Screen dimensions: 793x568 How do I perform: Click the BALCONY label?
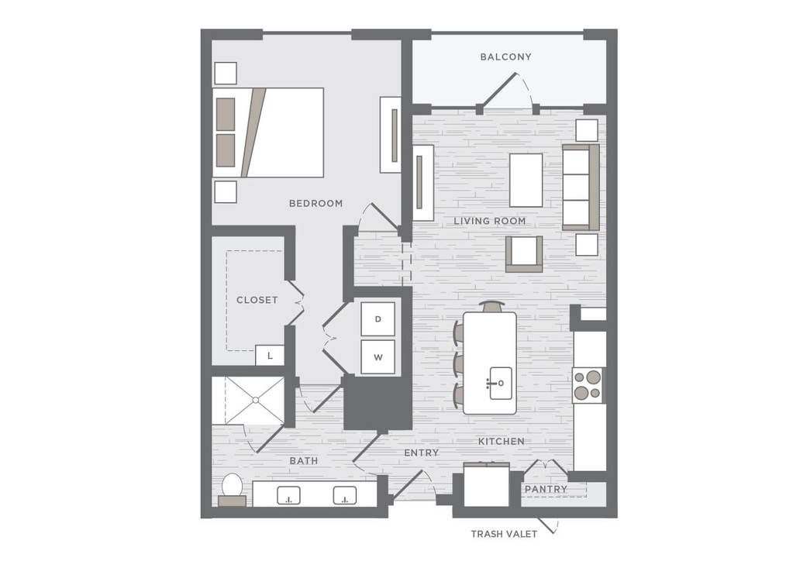[505, 57]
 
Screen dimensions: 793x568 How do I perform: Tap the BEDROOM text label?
[315, 203]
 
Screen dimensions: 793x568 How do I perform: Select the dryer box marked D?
[378, 318]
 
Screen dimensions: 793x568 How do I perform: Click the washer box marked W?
[378, 356]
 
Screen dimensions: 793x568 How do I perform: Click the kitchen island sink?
[500, 383]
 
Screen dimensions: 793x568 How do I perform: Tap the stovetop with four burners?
[588, 385]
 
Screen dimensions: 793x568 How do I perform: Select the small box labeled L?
[270, 355]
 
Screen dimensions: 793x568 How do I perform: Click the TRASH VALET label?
[504, 534]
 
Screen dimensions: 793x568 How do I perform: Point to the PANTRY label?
[546, 489]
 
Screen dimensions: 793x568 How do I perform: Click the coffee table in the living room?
[526, 181]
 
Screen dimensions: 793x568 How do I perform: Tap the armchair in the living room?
[524, 253]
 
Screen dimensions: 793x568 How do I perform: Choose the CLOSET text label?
[257, 300]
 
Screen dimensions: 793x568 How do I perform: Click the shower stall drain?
[255, 400]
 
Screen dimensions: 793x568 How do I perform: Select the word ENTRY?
[421, 453]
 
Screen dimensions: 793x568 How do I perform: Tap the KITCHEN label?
[502, 441]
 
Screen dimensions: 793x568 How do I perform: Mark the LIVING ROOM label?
[490, 221]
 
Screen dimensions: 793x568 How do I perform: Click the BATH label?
[304, 461]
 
